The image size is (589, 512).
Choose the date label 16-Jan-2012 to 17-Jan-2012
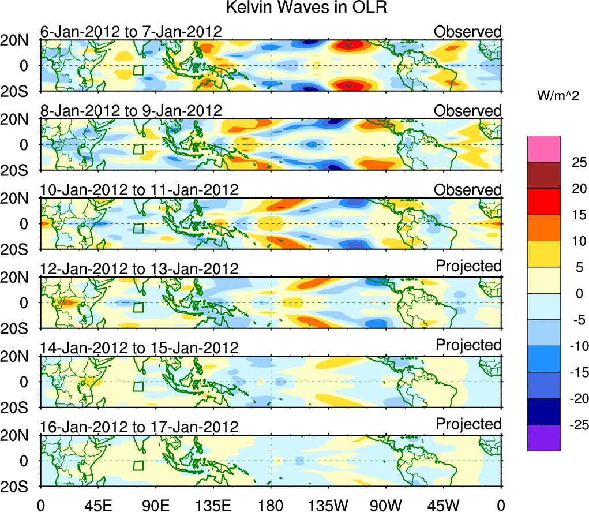tap(139, 427)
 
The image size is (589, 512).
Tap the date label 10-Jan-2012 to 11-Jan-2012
tap(139, 190)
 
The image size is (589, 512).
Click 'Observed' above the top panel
tap(468, 32)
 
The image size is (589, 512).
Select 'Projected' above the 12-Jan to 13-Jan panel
tap(468, 266)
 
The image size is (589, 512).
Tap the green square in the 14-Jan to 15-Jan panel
tap(138, 387)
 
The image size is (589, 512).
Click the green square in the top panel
tap(138, 70)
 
